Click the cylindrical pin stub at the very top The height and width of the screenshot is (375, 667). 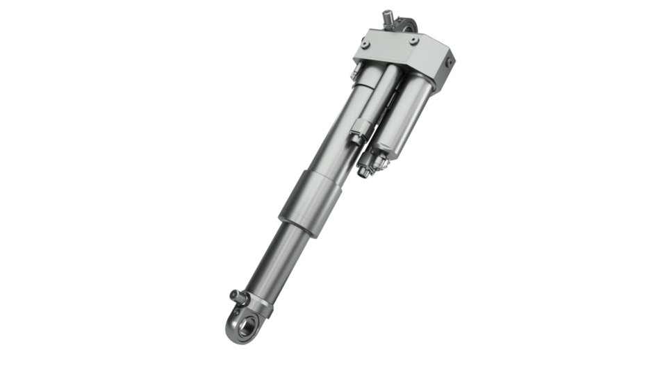[387, 15]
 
